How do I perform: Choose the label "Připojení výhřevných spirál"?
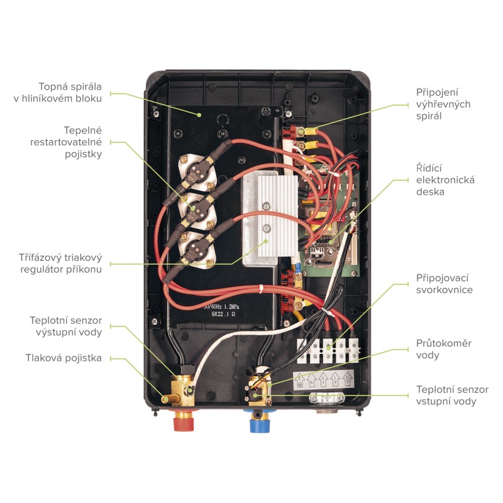coord(443,104)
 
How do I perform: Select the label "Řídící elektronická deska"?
coord(445,180)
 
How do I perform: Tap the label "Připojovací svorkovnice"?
coord(444,284)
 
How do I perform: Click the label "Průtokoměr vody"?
coord(443,349)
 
